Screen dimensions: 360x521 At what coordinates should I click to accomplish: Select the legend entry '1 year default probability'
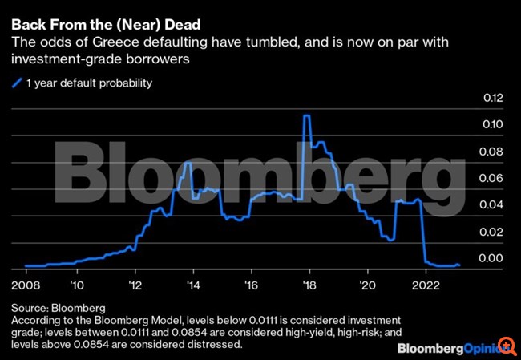(x=88, y=82)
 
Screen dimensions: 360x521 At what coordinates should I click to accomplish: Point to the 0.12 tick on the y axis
(x=491, y=98)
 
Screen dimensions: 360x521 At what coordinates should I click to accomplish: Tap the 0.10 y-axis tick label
(x=491, y=124)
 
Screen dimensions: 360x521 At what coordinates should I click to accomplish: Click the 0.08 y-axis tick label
(x=491, y=151)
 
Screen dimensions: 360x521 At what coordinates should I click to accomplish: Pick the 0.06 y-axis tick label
(x=491, y=178)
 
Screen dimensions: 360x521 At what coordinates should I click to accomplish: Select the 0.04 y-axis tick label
(x=491, y=204)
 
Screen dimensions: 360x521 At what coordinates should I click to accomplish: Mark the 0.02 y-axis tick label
(x=491, y=231)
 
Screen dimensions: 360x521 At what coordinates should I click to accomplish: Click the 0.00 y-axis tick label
(x=491, y=258)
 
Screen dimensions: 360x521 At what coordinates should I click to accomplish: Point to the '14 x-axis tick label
(x=193, y=285)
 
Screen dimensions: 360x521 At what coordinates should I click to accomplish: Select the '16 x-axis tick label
(x=252, y=285)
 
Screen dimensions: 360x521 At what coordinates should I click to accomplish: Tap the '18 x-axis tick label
(x=310, y=285)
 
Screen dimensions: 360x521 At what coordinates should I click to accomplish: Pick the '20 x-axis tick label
(x=368, y=285)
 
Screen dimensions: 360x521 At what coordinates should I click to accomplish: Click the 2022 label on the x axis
(x=425, y=285)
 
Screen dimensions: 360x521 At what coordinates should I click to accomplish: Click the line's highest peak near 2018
(x=306, y=115)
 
